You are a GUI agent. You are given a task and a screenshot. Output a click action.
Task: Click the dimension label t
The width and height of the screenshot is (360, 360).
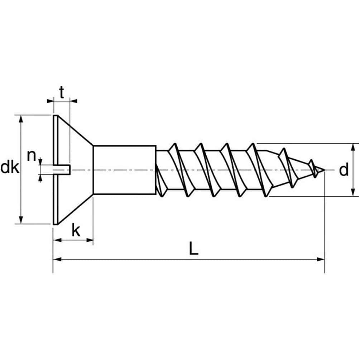click(62, 93)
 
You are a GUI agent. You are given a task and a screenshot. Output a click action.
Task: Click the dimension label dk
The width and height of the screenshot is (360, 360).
click(9, 168)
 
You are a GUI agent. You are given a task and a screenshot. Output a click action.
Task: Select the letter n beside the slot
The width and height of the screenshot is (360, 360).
click(32, 156)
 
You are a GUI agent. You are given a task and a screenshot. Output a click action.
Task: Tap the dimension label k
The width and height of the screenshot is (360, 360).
click(76, 230)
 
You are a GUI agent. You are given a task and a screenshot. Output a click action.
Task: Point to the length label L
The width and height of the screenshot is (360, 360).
click(193, 249)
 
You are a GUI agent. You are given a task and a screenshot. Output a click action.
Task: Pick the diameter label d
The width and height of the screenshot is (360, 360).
click(344, 171)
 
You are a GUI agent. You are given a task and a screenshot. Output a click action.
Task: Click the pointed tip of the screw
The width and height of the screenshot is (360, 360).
click(323, 169)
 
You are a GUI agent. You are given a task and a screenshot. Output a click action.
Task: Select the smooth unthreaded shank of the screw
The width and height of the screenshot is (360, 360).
click(124, 169)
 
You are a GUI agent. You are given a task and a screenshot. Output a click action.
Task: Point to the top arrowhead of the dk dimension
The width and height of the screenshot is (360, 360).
click(21, 119)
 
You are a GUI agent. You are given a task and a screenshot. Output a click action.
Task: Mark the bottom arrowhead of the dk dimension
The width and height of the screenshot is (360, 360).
click(21, 220)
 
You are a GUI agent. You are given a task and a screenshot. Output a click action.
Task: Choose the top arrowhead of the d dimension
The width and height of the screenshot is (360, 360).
click(354, 147)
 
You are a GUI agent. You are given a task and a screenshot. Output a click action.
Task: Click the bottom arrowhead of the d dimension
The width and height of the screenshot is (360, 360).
click(354, 193)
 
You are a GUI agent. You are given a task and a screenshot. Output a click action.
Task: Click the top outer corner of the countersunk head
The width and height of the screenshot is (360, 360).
click(56, 115)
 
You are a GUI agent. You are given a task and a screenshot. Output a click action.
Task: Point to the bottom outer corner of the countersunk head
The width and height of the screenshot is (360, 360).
click(56, 224)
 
